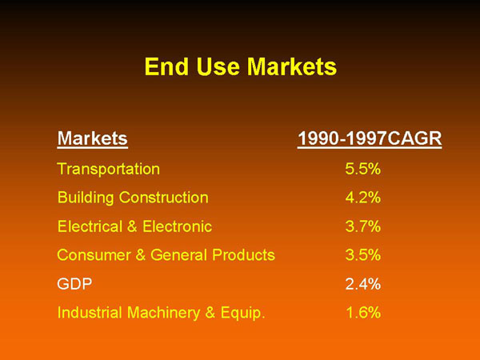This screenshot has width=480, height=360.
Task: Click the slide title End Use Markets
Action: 241,66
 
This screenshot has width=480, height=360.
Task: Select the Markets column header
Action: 93,138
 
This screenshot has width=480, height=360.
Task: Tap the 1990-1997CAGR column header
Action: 370,138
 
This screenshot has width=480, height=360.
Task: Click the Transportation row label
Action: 108,169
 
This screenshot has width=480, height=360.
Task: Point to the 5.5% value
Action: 363,169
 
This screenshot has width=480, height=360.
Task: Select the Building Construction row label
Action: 133,198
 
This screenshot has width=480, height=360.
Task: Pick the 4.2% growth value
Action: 363,198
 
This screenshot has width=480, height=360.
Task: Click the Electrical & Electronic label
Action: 134,226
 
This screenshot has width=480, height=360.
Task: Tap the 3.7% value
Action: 363,226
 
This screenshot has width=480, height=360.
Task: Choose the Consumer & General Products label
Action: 166,255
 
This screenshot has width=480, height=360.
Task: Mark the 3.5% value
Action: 363,255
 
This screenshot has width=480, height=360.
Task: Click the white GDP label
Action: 74,284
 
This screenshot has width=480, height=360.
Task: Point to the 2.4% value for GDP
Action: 363,284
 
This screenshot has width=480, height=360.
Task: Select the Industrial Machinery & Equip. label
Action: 161,313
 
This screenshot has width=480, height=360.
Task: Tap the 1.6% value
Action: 364,313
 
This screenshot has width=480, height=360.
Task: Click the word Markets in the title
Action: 292,66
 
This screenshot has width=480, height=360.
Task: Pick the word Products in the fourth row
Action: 244,255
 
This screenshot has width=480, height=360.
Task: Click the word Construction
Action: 164,198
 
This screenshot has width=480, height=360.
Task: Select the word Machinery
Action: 163,313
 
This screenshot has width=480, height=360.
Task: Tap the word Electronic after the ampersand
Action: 178,226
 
